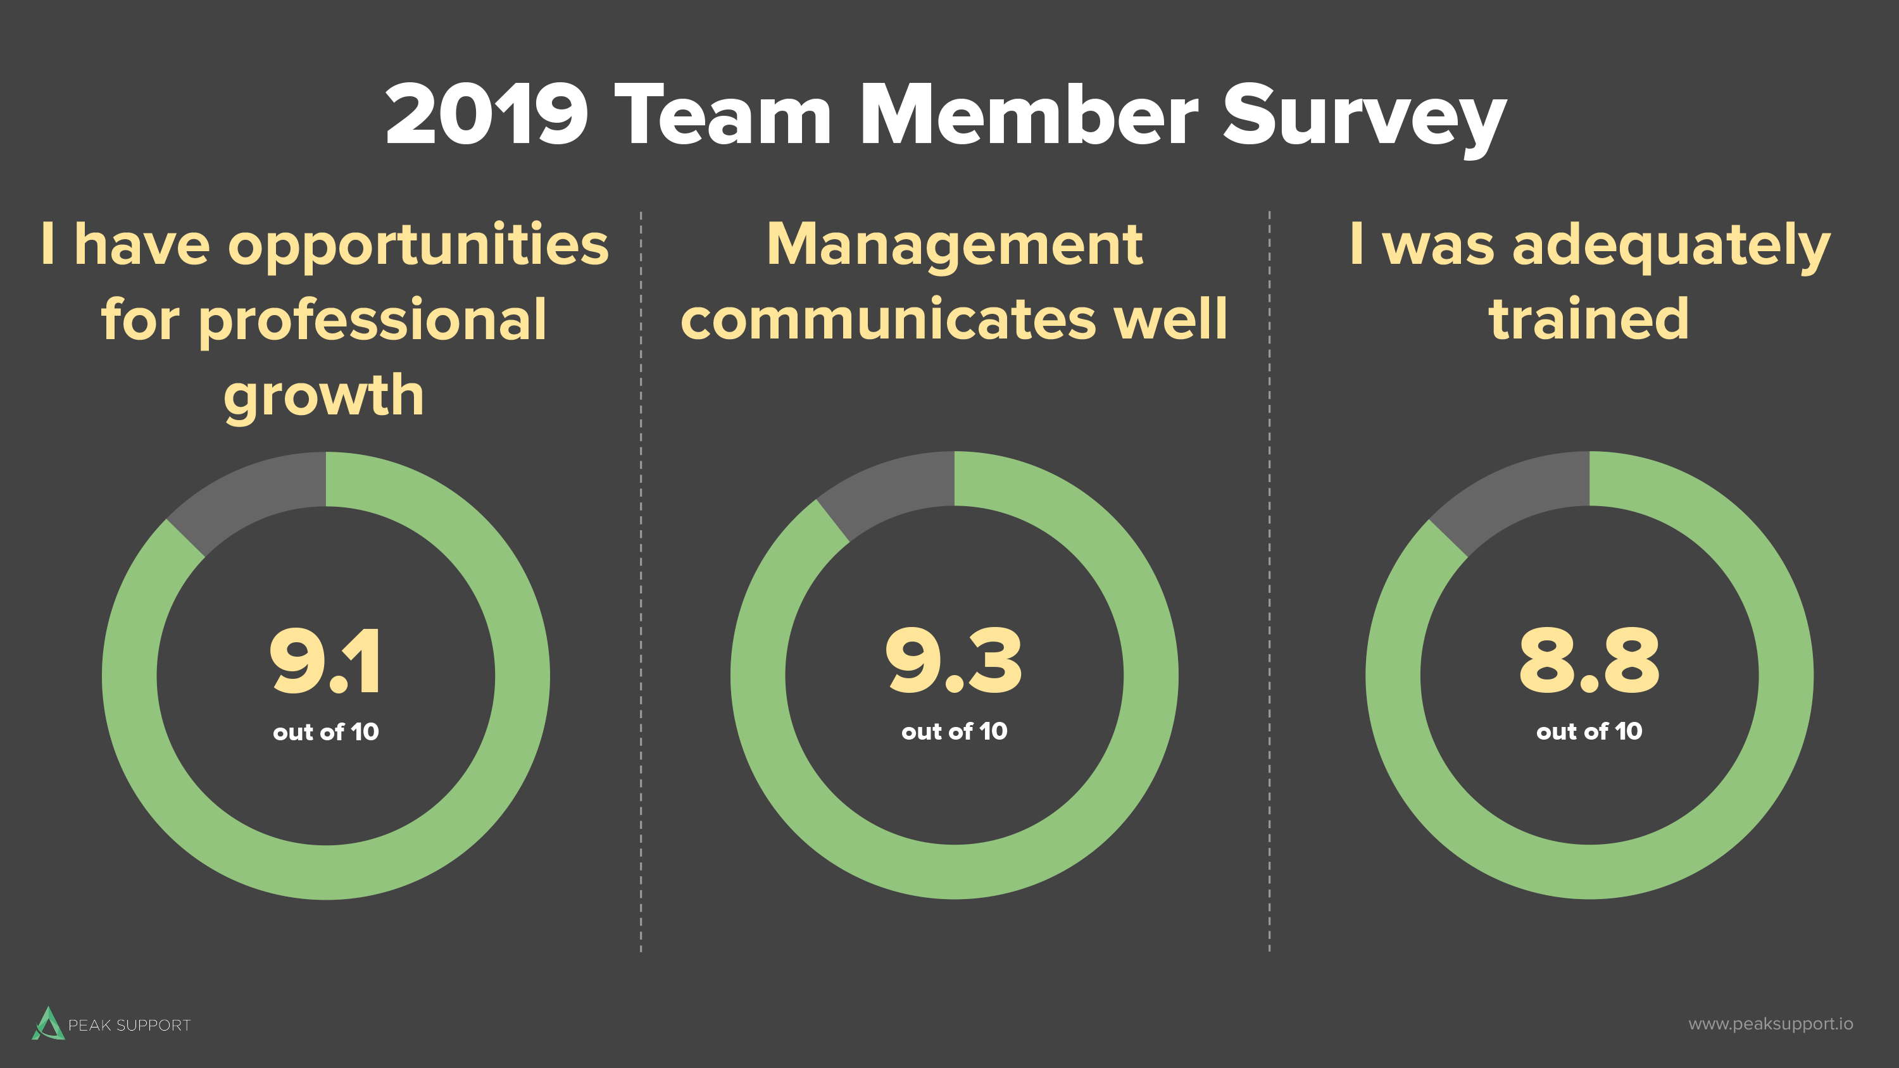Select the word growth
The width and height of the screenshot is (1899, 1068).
tap(324, 397)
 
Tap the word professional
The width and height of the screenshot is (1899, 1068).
tap(372, 321)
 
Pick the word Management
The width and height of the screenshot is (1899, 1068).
tap(955, 245)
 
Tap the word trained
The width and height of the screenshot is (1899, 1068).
tap(1589, 320)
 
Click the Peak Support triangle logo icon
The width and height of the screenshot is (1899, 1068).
tap(48, 1023)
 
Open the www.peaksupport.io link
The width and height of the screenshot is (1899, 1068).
tap(1770, 1024)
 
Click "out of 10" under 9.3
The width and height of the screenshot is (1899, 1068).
tap(954, 731)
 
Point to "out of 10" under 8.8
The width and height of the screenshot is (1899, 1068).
tap(1589, 731)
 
